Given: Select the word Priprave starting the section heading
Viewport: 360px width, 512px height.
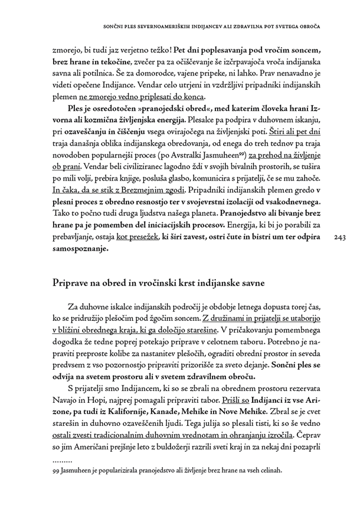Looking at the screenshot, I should point(71,284).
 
